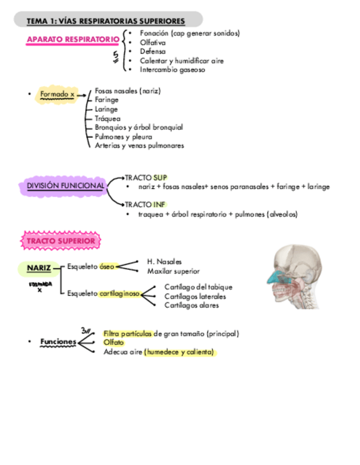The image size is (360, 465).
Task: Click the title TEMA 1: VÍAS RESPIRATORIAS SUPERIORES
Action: [106, 21]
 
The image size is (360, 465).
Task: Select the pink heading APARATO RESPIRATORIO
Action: [72, 39]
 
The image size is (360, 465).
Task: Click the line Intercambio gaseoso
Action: [172, 70]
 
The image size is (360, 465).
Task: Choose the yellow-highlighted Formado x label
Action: [57, 95]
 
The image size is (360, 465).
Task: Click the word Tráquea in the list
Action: [108, 118]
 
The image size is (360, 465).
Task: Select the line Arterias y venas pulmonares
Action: [139, 146]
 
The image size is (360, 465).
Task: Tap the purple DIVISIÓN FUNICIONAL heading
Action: [65, 186]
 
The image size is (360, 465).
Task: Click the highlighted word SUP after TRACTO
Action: [160, 177]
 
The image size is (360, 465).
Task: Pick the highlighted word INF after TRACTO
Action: [159, 205]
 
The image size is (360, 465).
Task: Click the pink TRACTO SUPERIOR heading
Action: [61, 241]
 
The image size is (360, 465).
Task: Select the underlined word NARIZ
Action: [38, 268]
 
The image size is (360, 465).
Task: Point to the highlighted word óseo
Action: [107, 266]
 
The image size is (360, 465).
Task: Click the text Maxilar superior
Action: [173, 271]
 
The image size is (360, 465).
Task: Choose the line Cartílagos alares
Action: [192, 305]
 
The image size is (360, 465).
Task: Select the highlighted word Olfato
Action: [114, 342]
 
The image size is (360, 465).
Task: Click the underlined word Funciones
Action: [57, 342]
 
